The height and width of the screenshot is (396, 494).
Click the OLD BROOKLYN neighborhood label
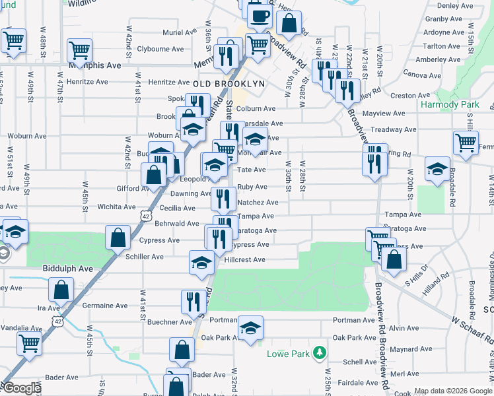pos(229,84)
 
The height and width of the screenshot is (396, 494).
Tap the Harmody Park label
pos(450,105)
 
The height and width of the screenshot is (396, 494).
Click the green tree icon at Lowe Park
pos(320,352)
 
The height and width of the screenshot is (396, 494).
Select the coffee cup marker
pos(259,16)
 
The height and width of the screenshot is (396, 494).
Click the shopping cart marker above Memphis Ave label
pos(79,50)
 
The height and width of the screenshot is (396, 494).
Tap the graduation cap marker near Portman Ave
pos(250,329)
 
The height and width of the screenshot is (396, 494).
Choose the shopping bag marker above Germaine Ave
pos(61,289)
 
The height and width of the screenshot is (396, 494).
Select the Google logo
pos(21,389)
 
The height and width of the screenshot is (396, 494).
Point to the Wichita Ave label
pos(116,207)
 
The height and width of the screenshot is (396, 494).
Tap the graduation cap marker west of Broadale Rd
pos(437,169)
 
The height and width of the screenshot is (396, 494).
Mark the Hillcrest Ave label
pos(244,260)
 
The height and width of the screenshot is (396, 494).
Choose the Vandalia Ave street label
pos(22,328)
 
